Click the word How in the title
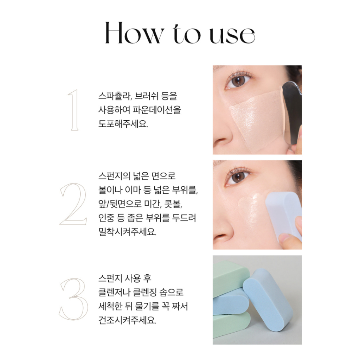click(135, 33)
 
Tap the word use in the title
click(232, 36)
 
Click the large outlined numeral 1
click(73, 110)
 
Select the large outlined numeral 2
click(73, 204)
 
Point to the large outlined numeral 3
click(73, 299)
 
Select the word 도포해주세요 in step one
click(123, 124)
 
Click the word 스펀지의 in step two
click(114, 176)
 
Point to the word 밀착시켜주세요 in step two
click(127, 232)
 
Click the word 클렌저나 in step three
click(114, 292)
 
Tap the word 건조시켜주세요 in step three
click(127, 320)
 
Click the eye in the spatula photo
click(238, 81)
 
